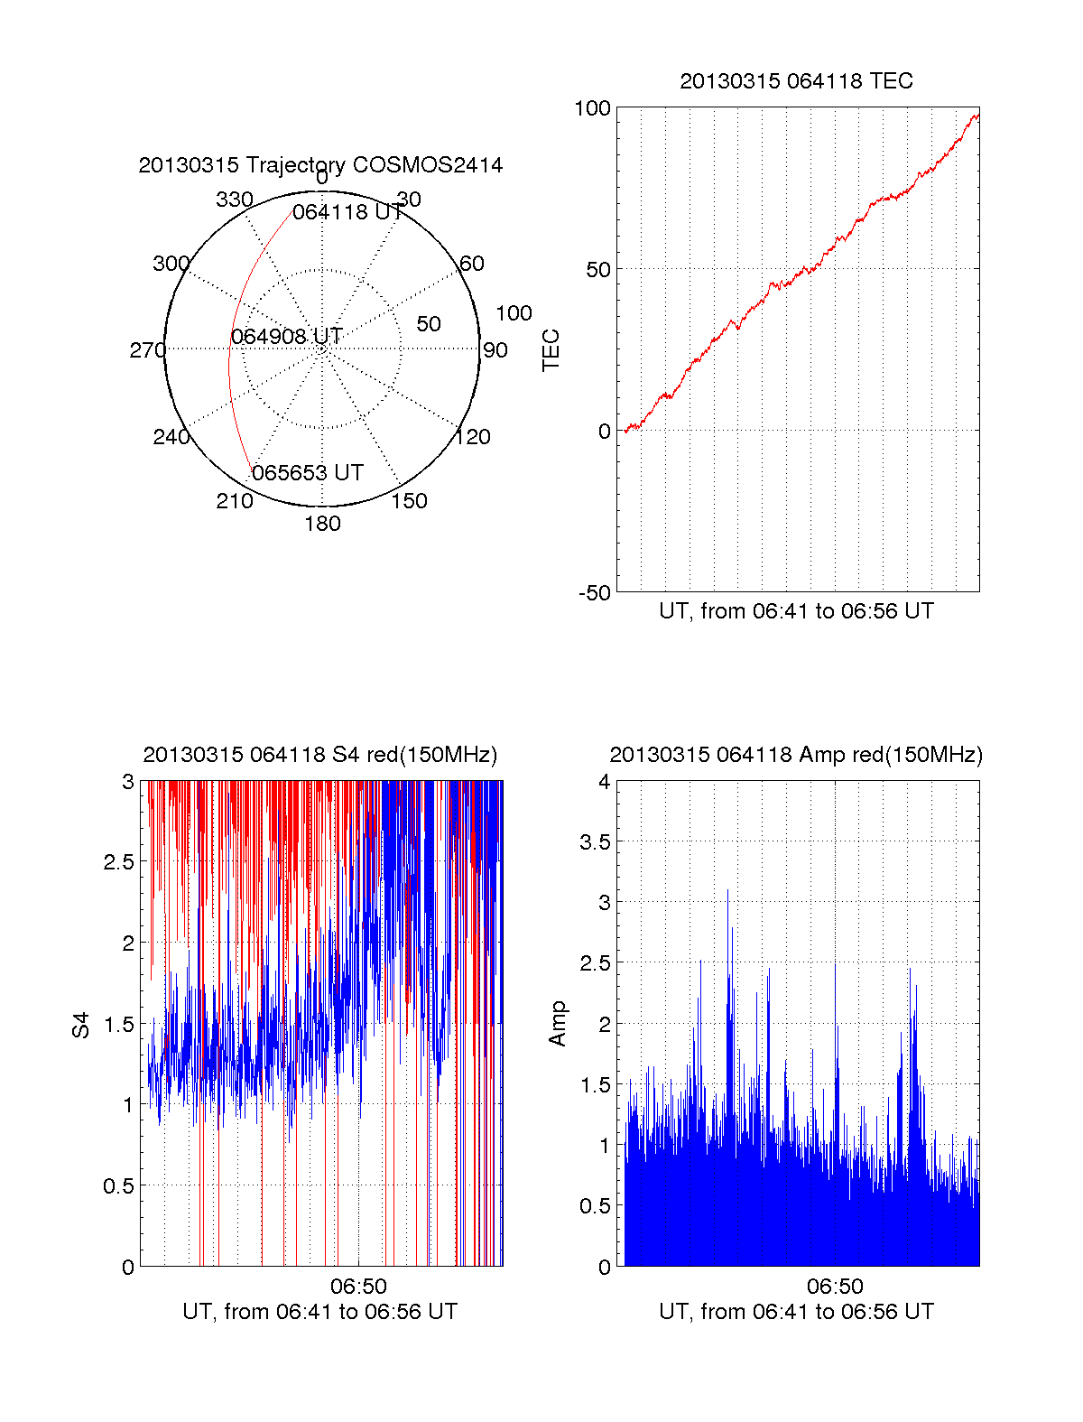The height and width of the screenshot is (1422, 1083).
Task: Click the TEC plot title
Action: pos(796,81)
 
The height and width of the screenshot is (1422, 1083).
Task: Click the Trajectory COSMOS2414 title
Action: pos(320,165)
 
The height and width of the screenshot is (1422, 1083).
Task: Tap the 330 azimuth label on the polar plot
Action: pos(234,200)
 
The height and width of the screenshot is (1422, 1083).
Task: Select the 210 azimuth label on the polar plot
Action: pos(234,501)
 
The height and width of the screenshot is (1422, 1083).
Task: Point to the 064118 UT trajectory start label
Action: pos(347,212)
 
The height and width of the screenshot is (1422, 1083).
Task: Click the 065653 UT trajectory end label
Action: pos(308,473)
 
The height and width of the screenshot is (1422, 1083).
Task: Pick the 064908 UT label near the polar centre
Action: pos(286,337)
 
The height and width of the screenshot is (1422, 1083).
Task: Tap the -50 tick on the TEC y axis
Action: pos(595,593)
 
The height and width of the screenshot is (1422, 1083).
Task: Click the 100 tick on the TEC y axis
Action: pos(593,108)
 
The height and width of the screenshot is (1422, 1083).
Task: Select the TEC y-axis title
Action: pos(551,349)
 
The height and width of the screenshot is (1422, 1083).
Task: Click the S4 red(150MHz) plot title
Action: pos(320,755)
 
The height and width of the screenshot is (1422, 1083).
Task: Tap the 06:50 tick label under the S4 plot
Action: pos(358,1286)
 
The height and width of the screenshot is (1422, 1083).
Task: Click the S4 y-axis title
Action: pos(81,1025)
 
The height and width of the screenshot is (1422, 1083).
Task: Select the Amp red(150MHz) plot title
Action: pos(796,755)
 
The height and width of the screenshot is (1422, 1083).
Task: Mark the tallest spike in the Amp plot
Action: pos(727,891)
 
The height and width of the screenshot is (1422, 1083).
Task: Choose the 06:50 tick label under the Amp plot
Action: pos(835,1286)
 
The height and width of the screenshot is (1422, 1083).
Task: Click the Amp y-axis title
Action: pos(558,1023)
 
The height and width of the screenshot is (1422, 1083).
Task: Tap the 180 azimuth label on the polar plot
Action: pos(322,524)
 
